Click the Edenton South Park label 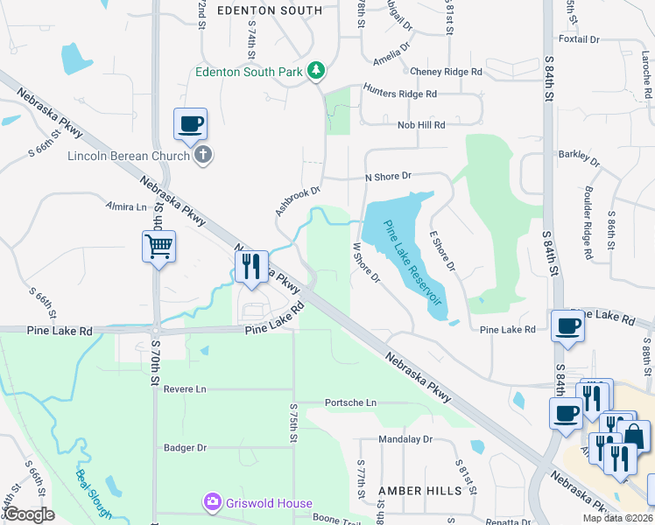click(x=249, y=72)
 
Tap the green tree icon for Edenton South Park click(x=318, y=72)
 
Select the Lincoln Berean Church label click(x=129, y=156)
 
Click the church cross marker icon click(x=203, y=156)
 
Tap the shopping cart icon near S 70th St click(x=159, y=247)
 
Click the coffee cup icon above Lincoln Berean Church click(x=189, y=123)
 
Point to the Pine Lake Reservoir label click(x=413, y=268)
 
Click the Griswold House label click(x=269, y=502)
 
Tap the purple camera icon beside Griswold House click(x=212, y=502)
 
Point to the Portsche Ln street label click(x=350, y=402)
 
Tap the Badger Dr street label click(x=185, y=447)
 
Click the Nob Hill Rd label click(x=421, y=125)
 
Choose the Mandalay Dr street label click(x=405, y=439)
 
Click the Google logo click(x=29, y=514)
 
